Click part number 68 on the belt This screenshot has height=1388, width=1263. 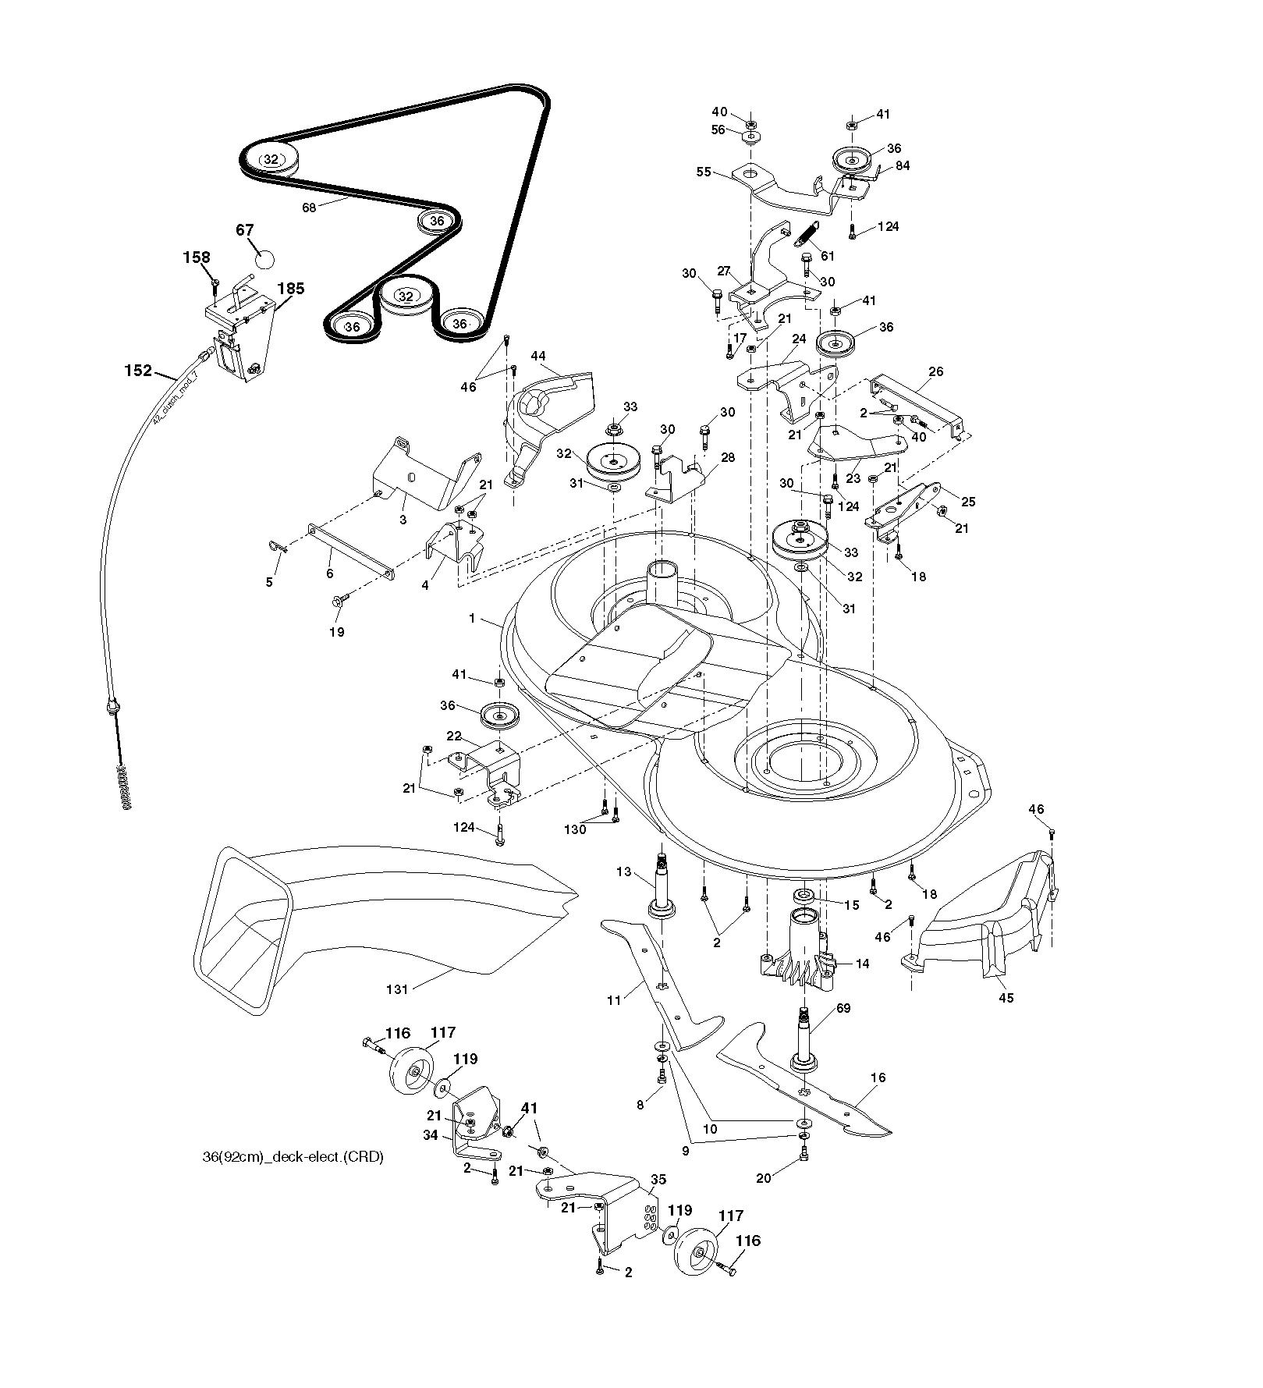click(x=309, y=208)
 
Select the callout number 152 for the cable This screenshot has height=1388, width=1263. click(x=138, y=371)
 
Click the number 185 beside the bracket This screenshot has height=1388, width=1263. click(x=290, y=288)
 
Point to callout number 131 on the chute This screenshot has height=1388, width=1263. click(x=397, y=989)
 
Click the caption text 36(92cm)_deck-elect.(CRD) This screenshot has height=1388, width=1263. click(x=293, y=1157)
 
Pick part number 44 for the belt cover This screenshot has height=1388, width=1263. click(x=538, y=356)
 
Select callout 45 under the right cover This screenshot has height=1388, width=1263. click(x=1006, y=997)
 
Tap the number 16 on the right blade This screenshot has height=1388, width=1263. click(x=878, y=1077)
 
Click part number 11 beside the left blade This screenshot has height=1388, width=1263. click(x=614, y=999)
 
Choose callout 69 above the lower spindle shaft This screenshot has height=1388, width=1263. click(x=843, y=1008)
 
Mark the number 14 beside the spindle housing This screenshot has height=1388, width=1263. click(x=862, y=964)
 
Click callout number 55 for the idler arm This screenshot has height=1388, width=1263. click(x=704, y=172)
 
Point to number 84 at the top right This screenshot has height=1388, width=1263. click(x=903, y=165)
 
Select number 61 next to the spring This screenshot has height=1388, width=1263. click(x=828, y=256)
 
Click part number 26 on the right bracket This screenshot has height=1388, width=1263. click(x=936, y=371)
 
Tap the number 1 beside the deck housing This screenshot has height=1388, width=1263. click(x=472, y=619)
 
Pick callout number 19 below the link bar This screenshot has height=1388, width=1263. click(x=336, y=632)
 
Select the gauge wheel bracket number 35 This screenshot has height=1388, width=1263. click(x=658, y=1180)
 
